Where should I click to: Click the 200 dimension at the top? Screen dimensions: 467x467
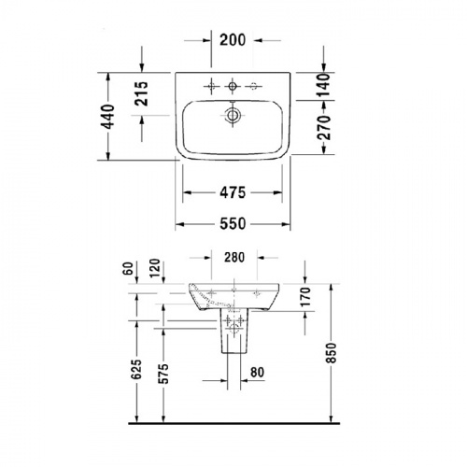232,39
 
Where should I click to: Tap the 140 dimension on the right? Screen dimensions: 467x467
324,86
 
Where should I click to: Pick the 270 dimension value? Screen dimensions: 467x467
324,133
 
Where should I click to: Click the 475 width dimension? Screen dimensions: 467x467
232,193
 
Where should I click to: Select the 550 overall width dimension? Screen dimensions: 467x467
232,223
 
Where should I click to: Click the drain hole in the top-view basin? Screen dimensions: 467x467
232,116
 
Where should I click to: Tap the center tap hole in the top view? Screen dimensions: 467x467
232,87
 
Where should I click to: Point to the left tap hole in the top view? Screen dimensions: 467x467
211,87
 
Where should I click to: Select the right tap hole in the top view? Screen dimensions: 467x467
252,87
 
